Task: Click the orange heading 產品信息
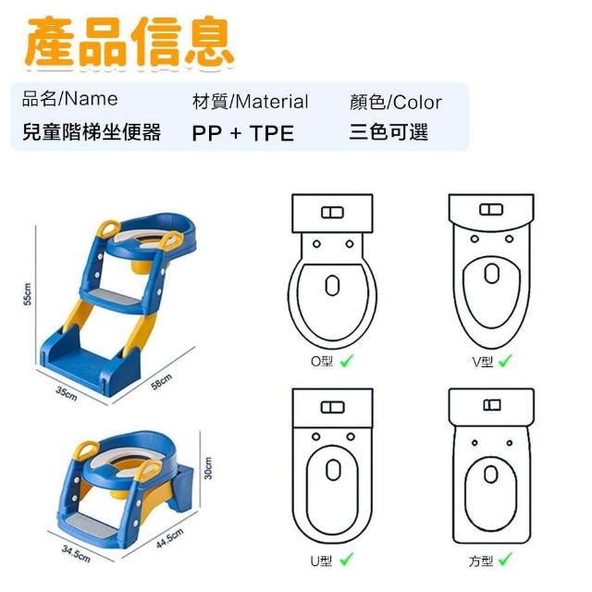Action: [x=130, y=43]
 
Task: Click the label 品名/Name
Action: [x=70, y=99]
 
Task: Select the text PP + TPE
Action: [x=242, y=133]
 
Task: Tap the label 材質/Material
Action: [x=251, y=102]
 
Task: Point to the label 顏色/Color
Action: [x=396, y=103]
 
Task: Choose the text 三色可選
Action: [x=388, y=132]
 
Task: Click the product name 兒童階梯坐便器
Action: [x=92, y=131]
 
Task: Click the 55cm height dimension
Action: [x=28, y=294]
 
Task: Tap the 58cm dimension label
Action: [x=162, y=382]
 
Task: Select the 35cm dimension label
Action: [x=67, y=393]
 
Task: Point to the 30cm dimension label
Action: [x=207, y=468]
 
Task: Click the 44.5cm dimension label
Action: [x=170, y=538]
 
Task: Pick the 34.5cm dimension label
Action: [x=76, y=553]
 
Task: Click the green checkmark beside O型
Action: [x=347, y=361]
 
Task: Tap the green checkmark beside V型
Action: [x=505, y=361]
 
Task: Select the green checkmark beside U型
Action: [x=347, y=559]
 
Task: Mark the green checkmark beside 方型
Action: [x=505, y=559]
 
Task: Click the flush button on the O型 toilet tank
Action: [x=333, y=213]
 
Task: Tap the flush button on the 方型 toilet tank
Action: [x=492, y=405]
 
